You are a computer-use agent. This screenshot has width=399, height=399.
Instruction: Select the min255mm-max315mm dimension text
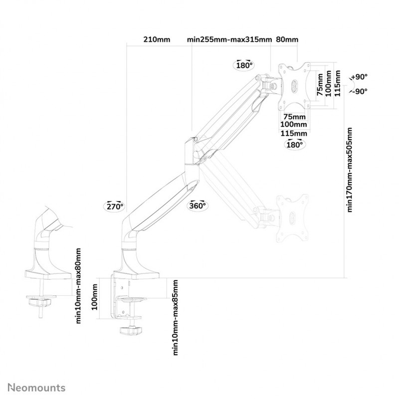(x=229, y=39)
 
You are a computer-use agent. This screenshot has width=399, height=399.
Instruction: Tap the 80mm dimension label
(x=287, y=39)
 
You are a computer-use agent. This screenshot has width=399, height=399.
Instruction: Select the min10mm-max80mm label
(x=78, y=284)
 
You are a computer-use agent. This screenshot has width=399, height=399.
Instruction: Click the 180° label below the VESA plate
(x=294, y=145)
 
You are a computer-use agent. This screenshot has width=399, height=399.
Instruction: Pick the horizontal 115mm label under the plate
(x=294, y=133)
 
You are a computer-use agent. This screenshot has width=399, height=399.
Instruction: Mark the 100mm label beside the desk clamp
(x=95, y=297)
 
